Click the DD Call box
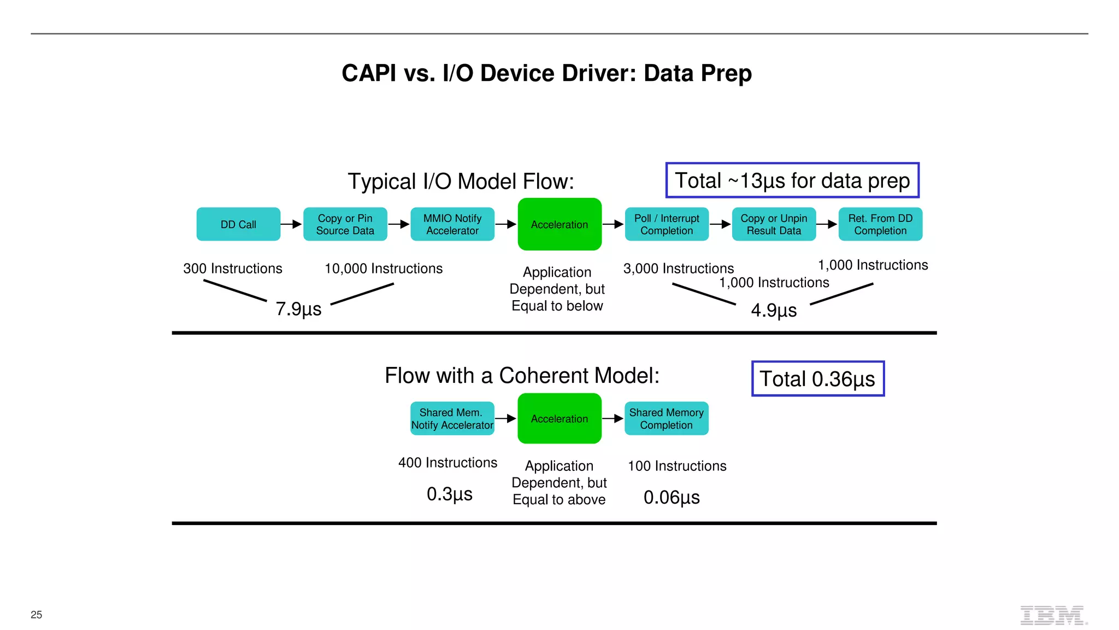[238, 224]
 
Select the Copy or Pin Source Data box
[345, 224]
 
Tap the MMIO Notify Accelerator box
[452, 224]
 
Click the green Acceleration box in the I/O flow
[559, 224]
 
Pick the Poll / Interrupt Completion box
[666, 224]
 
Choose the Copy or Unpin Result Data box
[774, 224]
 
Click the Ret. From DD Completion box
[880, 224]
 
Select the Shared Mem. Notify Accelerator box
[452, 418]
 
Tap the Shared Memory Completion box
[666, 418]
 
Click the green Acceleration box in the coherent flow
[559, 418]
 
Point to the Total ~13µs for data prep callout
[792, 180]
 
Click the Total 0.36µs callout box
[817, 378]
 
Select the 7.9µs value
[298, 309]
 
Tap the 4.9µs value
[774, 311]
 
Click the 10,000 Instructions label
[384, 269]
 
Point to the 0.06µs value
[672, 498]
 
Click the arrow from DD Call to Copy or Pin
[291, 224]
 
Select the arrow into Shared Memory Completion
[613, 418]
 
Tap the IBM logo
[1052, 615]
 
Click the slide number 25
[37, 615]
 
